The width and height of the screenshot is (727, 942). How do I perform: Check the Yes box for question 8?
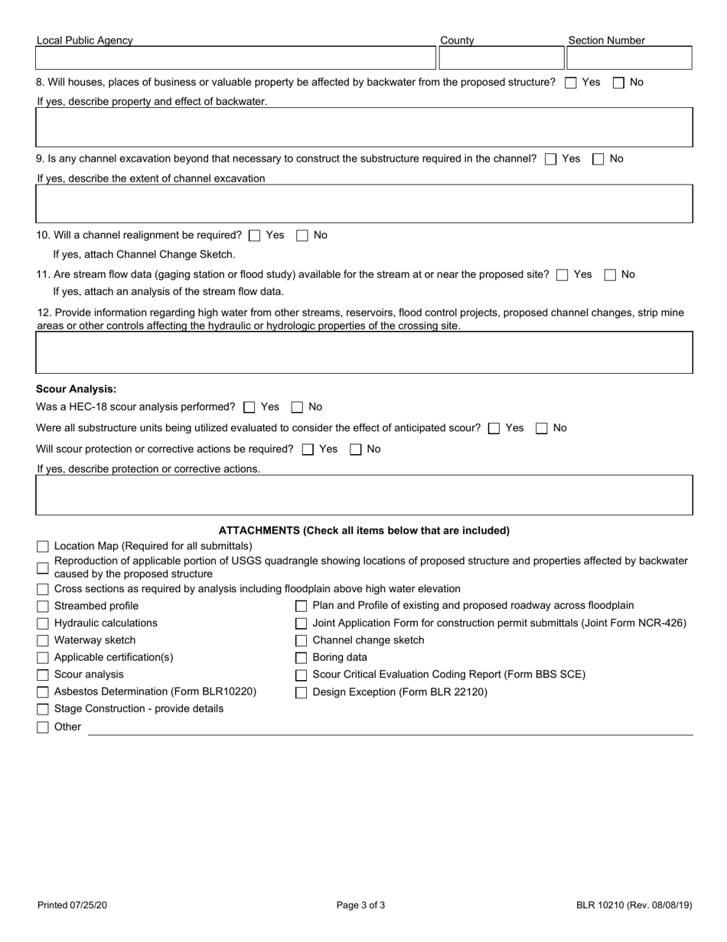coord(570,83)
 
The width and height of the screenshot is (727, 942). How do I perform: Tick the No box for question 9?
coord(598,159)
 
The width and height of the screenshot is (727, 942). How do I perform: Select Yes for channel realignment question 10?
coord(255,236)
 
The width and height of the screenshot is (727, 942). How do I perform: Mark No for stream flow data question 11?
coord(610,275)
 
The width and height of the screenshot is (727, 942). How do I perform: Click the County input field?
coord(501,58)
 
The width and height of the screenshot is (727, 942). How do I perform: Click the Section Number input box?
coord(628,58)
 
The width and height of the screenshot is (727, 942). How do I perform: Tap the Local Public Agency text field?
coord(236,58)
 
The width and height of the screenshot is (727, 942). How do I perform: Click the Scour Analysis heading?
coord(77,389)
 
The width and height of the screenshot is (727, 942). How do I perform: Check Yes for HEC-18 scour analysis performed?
coord(249,407)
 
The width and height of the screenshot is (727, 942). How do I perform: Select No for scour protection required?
coord(356,450)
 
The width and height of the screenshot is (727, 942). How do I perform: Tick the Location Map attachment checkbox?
coord(43,547)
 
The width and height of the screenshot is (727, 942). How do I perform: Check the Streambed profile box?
coord(43,607)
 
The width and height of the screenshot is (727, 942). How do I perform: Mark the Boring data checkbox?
coord(302,658)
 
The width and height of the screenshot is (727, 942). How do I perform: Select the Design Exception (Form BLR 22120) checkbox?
coord(302,692)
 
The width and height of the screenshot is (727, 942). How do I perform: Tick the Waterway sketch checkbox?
coord(43,641)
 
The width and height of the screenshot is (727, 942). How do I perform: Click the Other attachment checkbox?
coord(43,728)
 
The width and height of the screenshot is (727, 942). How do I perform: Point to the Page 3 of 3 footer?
coord(360,905)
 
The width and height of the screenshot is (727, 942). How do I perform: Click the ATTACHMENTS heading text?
coord(364,531)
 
